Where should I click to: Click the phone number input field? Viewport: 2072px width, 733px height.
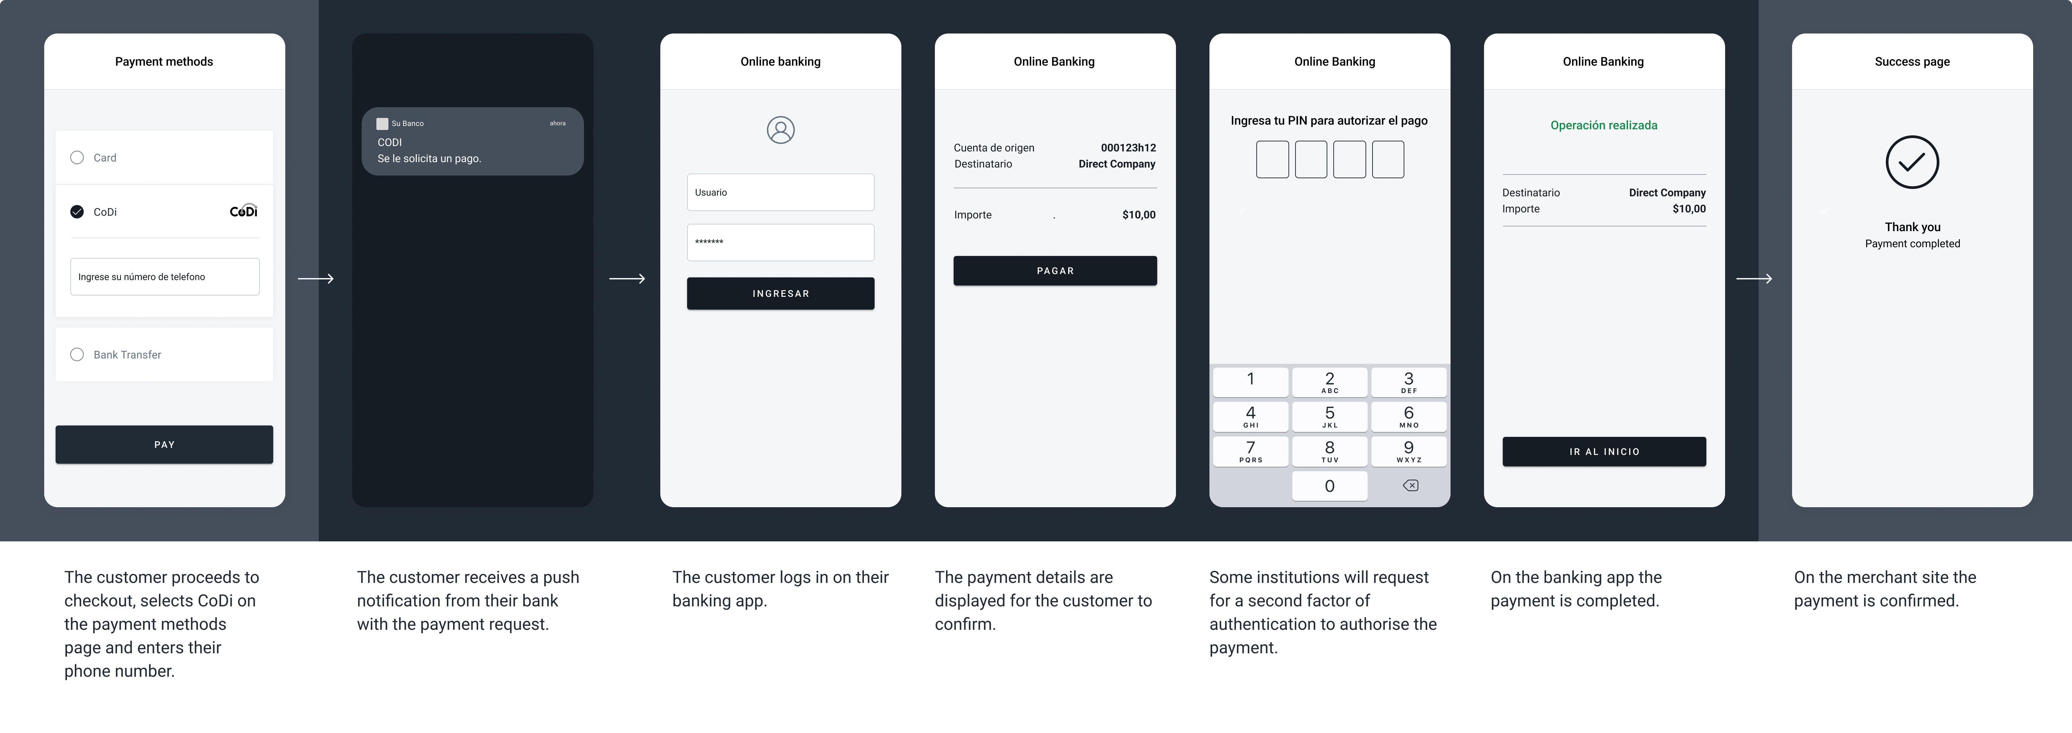tap(165, 277)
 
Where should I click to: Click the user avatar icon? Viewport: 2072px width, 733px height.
tap(780, 130)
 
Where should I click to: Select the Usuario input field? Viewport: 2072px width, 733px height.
tap(780, 192)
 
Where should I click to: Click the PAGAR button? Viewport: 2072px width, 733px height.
tap(1054, 270)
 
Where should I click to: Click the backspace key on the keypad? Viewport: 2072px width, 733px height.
tap(1410, 485)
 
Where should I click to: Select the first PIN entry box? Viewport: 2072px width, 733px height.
tap(1272, 159)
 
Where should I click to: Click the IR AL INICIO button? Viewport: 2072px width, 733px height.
tap(1604, 451)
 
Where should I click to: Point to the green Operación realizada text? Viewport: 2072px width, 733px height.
tap(1604, 125)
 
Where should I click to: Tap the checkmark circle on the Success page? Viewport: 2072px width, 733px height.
tap(1912, 162)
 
